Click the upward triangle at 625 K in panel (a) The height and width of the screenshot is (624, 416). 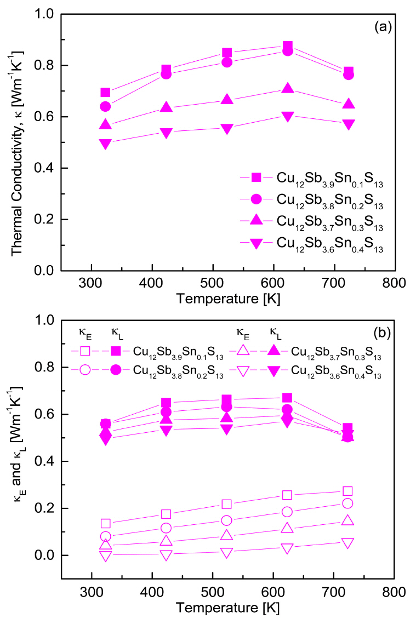[287, 88]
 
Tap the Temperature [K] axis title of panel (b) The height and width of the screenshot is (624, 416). [227, 608]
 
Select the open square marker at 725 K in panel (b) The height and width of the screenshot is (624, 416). [347, 491]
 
